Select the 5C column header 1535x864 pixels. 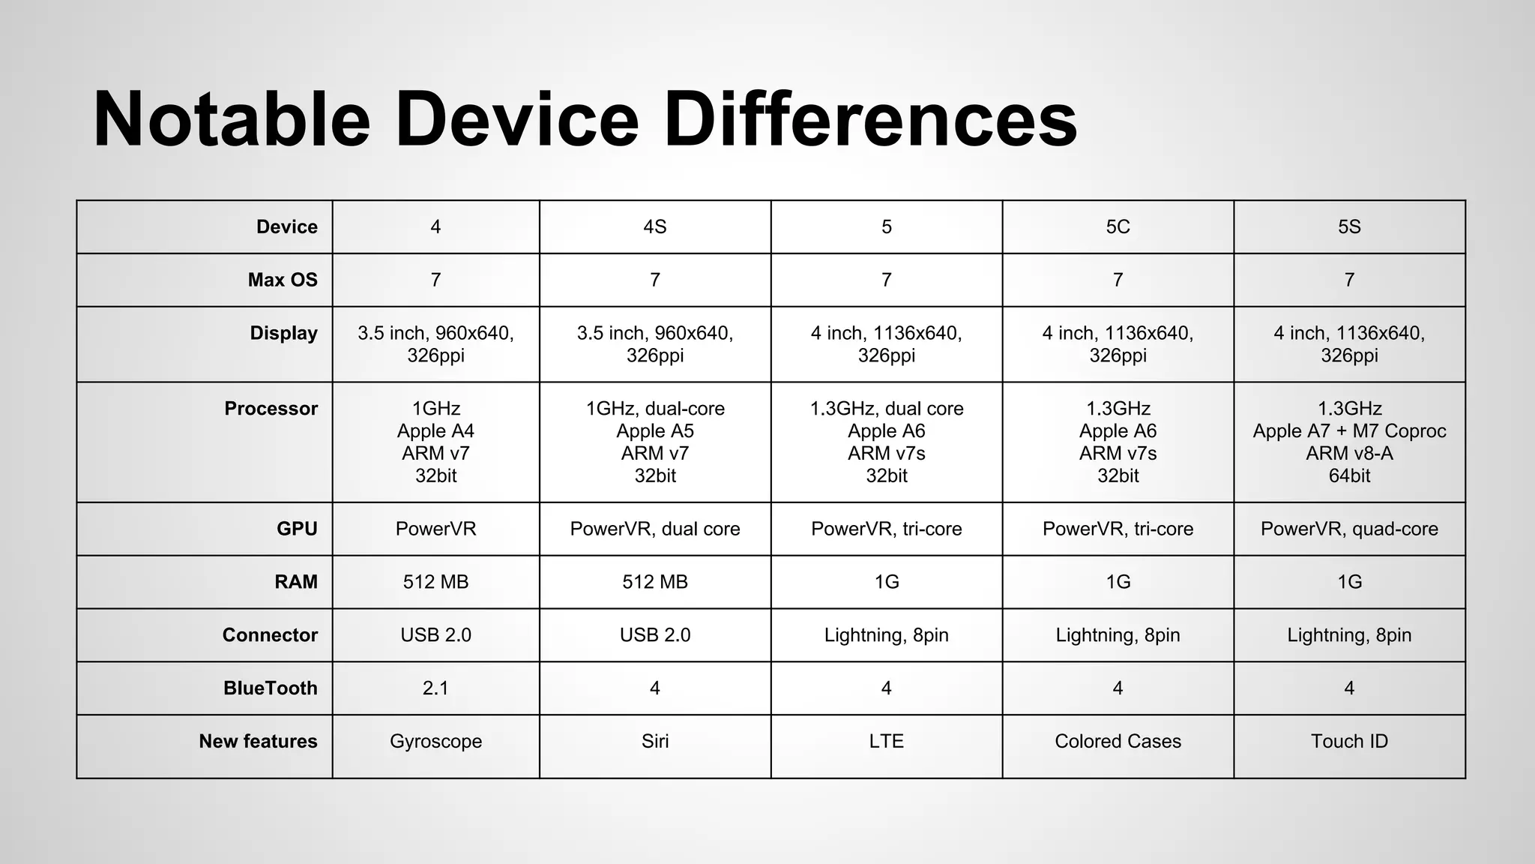pos(1118,226)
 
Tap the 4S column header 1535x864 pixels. pos(654,226)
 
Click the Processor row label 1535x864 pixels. pos(271,409)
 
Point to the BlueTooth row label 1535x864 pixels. pos(270,688)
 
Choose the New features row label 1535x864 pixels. pos(258,741)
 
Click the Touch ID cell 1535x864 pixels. pos(1349,741)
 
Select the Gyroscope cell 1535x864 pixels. pos(435,741)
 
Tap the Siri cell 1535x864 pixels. pos(654,741)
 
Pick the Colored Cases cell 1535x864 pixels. pos(1118,741)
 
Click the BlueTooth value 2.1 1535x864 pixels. pos(435,688)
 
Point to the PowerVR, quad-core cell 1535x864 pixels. pos(1349,529)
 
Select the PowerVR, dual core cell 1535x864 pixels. pos(654,529)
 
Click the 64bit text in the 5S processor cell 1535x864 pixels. pos(1349,475)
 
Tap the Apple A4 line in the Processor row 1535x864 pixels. pos(435,431)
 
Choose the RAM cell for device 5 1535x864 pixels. pos(887,582)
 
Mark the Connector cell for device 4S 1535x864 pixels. pos(654,635)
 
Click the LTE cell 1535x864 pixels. pos(887,741)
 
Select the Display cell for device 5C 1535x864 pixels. pos(1118,343)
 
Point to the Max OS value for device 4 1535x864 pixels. pos(435,280)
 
